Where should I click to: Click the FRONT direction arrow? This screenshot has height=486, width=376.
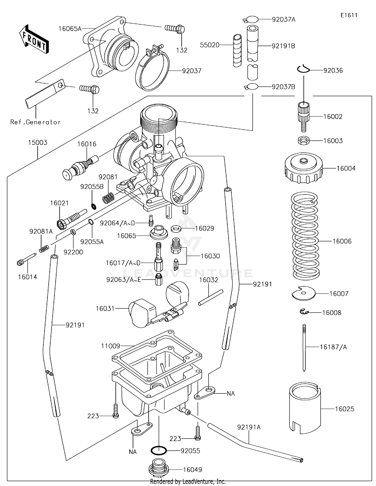[x=34, y=39]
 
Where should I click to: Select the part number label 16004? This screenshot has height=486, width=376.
[x=346, y=168]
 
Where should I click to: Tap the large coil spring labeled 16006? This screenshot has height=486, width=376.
[x=305, y=236]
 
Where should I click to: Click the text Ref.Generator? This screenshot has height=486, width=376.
[x=35, y=122]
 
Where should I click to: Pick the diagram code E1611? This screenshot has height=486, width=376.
[x=349, y=15]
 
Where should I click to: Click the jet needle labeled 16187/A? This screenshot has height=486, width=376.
[x=304, y=347]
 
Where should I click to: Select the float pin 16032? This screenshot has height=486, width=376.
[x=211, y=297]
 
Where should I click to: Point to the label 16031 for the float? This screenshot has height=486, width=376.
[x=105, y=308]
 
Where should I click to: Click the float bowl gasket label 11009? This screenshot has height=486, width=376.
[x=111, y=346]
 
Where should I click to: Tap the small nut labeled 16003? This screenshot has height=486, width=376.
[x=304, y=140]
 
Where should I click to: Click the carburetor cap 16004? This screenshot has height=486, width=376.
[x=304, y=168]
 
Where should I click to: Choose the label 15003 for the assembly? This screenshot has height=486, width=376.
[x=38, y=142]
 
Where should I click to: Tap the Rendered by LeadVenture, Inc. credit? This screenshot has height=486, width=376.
[x=188, y=481]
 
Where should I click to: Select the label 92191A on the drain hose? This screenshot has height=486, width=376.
[x=249, y=427]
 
